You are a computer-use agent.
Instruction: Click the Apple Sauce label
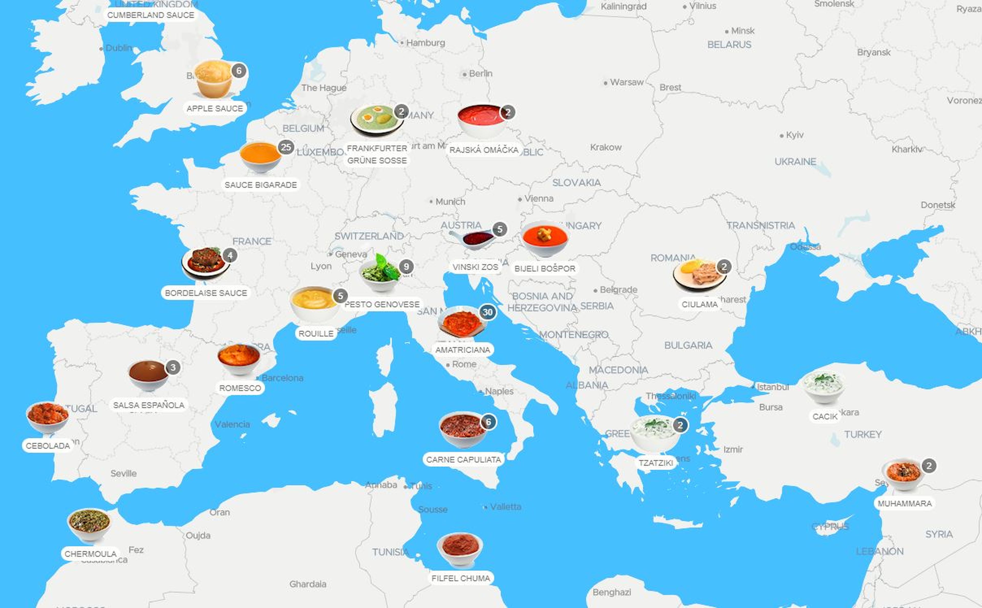point(215,109)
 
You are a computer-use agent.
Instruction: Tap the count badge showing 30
point(487,312)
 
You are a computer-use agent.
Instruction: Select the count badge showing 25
point(286,147)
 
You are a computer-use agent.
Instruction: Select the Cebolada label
point(48,446)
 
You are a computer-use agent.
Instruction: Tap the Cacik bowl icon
point(823,386)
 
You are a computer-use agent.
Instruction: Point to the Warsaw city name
point(627,82)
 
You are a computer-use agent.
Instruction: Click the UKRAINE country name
point(795,162)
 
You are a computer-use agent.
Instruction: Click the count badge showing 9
point(406,267)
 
